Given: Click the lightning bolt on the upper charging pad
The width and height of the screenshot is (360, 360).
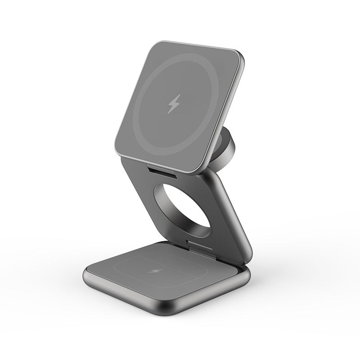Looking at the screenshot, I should point(173,104).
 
